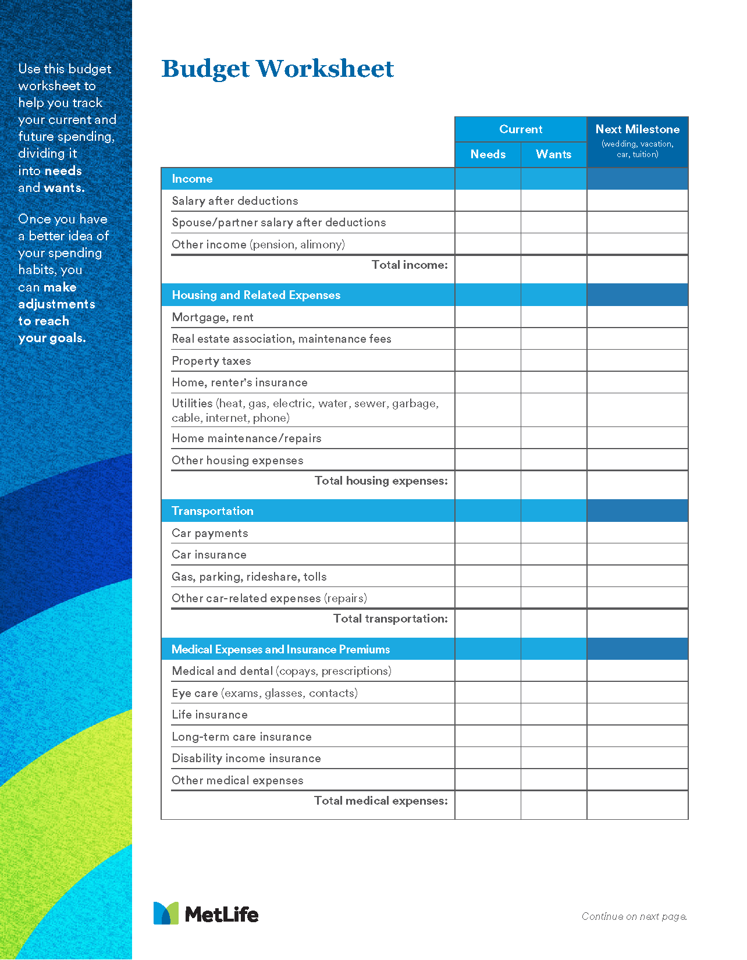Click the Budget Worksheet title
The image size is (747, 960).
click(278, 69)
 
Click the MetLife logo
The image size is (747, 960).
click(206, 913)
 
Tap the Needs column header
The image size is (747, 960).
click(488, 154)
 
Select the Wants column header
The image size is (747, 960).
click(553, 154)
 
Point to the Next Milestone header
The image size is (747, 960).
click(637, 130)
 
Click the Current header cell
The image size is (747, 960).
click(520, 129)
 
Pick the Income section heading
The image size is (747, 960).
click(192, 179)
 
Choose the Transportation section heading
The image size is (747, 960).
click(212, 511)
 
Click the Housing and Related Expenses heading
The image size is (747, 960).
click(256, 295)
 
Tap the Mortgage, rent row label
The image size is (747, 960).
click(212, 317)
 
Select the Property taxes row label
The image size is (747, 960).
click(211, 361)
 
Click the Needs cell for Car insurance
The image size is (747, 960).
click(488, 554)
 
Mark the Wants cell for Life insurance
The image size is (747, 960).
click(553, 714)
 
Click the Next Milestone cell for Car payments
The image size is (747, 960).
click(637, 533)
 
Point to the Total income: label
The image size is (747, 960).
click(410, 265)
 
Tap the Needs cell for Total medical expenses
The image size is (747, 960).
click(488, 805)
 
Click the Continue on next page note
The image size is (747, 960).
click(634, 916)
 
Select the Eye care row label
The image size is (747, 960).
click(264, 693)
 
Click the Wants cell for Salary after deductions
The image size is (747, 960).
click(553, 201)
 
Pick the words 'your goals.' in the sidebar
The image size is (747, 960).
click(52, 338)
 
